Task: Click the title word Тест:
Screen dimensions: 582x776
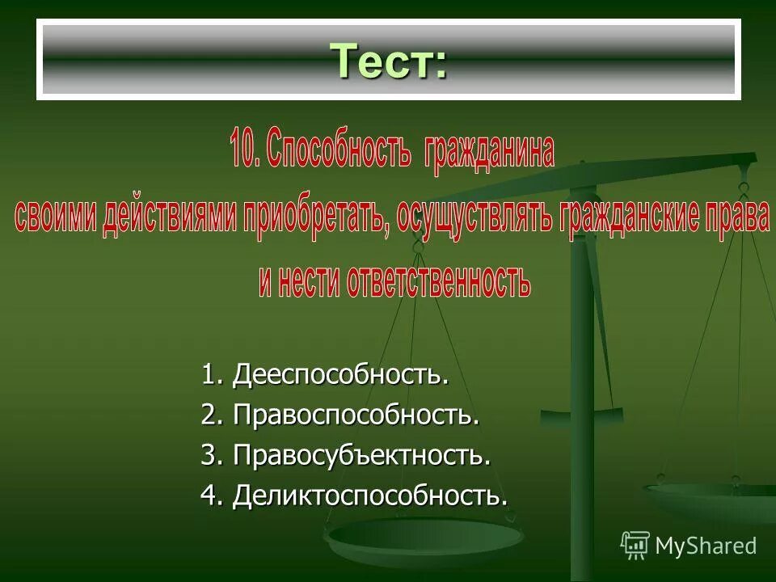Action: tap(388, 61)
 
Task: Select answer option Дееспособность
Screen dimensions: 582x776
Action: tap(340, 375)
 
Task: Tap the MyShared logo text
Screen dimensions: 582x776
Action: tap(706, 546)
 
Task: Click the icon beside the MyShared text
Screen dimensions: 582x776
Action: tap(635, 546)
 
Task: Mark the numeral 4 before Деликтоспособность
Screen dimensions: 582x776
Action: tap(209, 496)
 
